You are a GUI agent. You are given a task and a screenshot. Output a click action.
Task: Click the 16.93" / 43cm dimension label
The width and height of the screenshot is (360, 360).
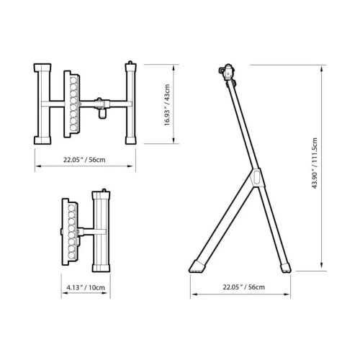coord(167,105)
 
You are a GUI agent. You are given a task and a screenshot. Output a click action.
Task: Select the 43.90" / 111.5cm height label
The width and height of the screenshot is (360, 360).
coord(315,163)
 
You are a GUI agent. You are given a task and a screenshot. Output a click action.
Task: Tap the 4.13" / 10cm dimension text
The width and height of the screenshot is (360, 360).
coord(86,287)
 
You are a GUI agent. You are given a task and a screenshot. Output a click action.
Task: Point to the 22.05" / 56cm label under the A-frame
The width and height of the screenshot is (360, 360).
coord(244,287)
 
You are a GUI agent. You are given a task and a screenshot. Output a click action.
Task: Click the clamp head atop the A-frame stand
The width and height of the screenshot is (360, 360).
coord(228,72)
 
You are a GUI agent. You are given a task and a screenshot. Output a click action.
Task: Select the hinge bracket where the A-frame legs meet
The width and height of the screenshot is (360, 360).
coord(256,178)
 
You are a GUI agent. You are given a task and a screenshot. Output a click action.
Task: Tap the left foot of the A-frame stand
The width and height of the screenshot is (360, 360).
coord(197,266)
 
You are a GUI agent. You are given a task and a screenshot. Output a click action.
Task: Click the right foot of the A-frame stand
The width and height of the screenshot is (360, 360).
coord(286,268)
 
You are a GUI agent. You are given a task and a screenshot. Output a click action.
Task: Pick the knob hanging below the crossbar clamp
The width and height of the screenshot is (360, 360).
coord(102,114)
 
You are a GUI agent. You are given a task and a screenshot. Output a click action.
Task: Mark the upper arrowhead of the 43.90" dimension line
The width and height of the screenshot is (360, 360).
coord(322,69)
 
